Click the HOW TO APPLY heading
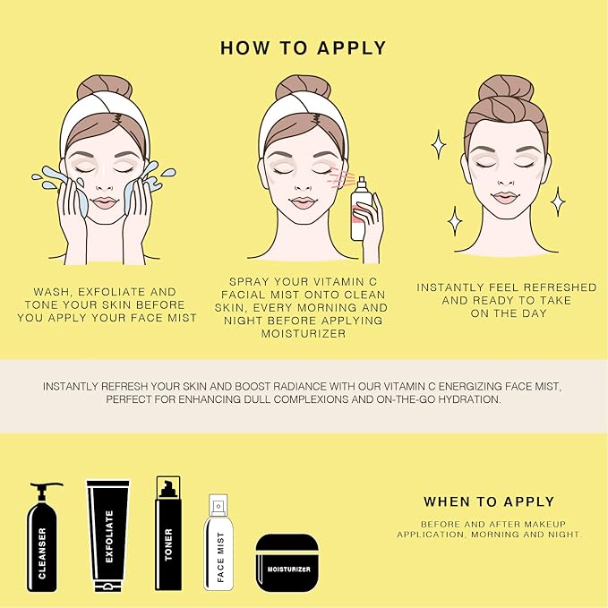pyautogui.click(x=304, y=47)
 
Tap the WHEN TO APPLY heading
pyautogui.click(x=489, y=501)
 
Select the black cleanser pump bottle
pyautogui.click(x=42, y=537)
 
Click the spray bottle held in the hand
pyautogui.click(x=360, y=211)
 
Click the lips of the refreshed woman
pyautogui.click(x=506, y=197)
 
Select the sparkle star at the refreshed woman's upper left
pyautogui.click(x=440, y=142)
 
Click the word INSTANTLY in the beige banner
pyautogui.click(x=73, y=386)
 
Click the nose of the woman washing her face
pyautogui.click(x=106, y=184)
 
